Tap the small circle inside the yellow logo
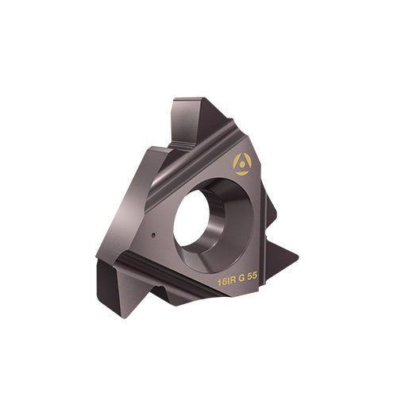pos(241,164)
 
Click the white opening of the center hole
pos(195,216)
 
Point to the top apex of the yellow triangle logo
pos(241,154)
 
